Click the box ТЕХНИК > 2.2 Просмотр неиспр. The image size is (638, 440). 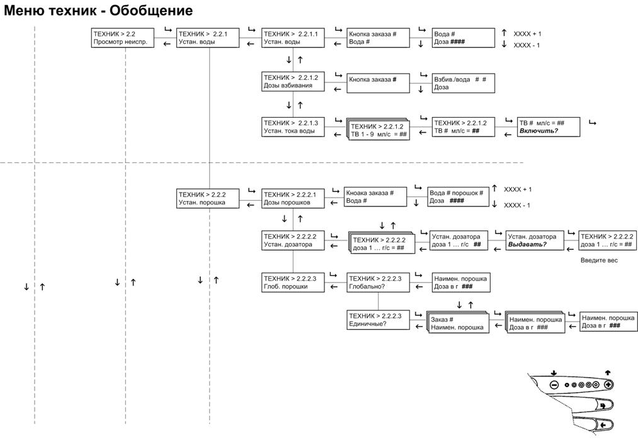pos(122,38)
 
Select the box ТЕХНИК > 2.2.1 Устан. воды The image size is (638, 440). pos(208,38)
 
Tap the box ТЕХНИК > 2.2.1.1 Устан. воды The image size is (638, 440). pos(293,38)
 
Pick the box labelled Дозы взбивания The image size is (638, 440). pos(293,82)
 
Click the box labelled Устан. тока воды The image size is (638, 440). pos(293,127)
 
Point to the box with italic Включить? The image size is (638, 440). pos(549,127)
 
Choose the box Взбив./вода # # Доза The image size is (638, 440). pos(464,83)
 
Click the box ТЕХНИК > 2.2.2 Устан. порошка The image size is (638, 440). pos(208,198)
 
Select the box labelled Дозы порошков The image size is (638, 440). pos(293,198)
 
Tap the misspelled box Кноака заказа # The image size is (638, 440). pos(375,197)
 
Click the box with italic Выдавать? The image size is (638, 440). pos(535,240)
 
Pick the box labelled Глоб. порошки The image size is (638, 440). pos(293,282)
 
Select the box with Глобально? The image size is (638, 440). pos(378,282)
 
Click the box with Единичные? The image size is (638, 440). pos(378,320)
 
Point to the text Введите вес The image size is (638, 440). pos(599,260)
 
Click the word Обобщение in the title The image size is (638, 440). pos(151,10)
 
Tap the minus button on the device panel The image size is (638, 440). pos(554,385)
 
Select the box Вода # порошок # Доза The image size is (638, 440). pos(458,197)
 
